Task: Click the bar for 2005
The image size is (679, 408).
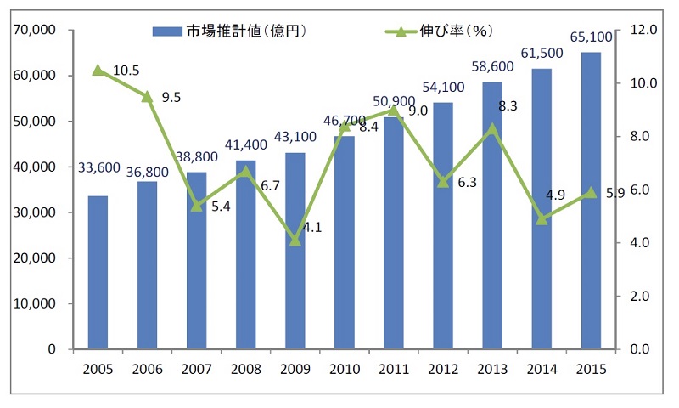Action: coord(98,272)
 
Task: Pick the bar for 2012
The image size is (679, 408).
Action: coord(443,226)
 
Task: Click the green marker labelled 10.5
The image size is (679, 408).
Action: coord(98,70)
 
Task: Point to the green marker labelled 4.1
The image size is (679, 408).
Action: coord(295,241)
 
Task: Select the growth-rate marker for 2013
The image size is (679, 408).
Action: coord(492,128)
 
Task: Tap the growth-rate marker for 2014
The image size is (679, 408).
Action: coord(542,219)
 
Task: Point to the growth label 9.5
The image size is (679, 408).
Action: coord(171,97)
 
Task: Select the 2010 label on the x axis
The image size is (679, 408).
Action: coord(344,368)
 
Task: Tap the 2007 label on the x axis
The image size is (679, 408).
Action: coord(196,368)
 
